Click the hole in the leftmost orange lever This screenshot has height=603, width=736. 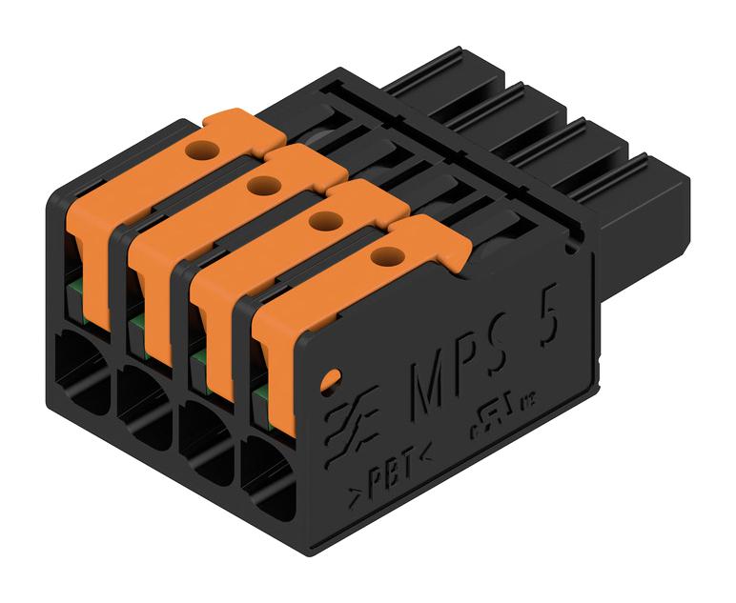[201, 150]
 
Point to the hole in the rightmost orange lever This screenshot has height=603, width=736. [385, 255]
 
